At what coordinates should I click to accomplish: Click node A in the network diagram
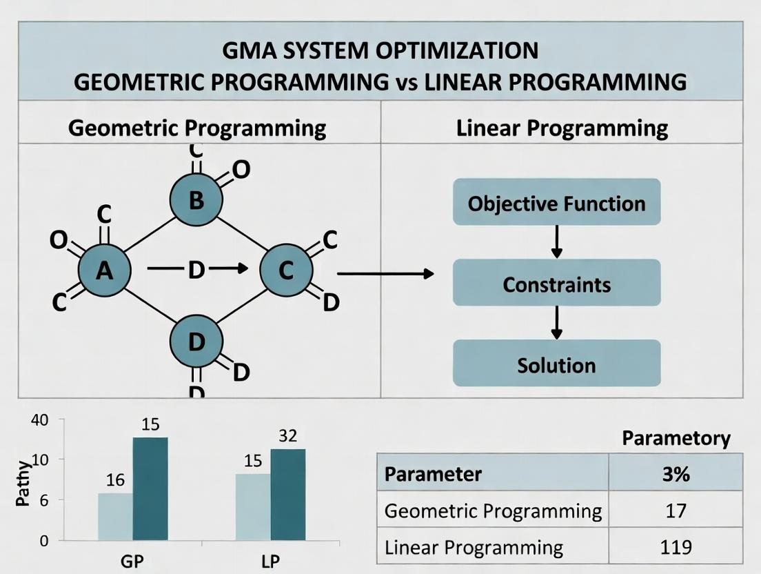pos(104,271)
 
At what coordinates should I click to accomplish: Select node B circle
pos(196,200)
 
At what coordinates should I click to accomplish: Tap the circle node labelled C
pos(286,271)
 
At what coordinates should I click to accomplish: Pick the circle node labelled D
pos(196,341)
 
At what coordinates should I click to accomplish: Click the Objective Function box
pos(556,203)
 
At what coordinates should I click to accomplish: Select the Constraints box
pos(556,284)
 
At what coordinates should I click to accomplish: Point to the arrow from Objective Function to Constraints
pos(556,242)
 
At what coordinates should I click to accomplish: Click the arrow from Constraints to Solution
pos(556,323)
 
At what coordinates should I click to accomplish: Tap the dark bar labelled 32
pos(287,494)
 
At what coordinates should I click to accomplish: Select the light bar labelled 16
pos(115,516)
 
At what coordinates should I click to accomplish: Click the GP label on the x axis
pos(132,560)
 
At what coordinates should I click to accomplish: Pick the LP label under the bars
pos(271,560)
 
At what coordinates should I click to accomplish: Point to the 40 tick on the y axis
pos(39,419)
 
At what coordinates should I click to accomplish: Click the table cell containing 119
pos(675,547)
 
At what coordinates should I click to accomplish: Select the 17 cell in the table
pos(675,511)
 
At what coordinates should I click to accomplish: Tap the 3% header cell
pos(675,474)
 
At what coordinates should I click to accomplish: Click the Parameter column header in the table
pos(493,474)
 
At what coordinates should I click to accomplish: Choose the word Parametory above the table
pos(676,438)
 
